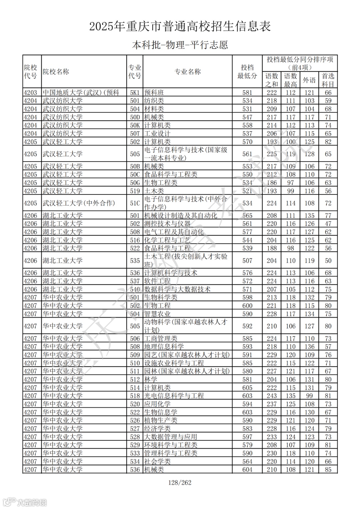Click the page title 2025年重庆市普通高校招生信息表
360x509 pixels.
[180, 26]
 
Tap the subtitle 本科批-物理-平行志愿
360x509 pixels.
[180, 45]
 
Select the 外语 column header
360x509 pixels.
[309, 80]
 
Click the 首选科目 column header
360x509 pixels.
[328, 80]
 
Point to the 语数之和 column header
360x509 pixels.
[272, 80]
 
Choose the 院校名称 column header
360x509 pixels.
[56, 72]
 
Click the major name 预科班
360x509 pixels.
[154, 93]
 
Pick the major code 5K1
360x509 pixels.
[135, 93]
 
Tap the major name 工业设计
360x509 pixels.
[157, 134]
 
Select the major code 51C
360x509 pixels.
[135, 203]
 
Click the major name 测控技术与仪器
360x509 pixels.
[167, 224]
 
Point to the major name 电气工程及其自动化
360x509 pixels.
[174, 232]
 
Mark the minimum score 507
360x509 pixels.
[247, 261]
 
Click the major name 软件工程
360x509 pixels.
[157, 281]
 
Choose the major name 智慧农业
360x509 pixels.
[157, 314]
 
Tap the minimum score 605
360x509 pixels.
[247, 388]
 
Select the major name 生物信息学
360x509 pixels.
[161, 412]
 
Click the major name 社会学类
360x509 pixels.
[157, 462]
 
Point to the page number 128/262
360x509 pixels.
[180, 483]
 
